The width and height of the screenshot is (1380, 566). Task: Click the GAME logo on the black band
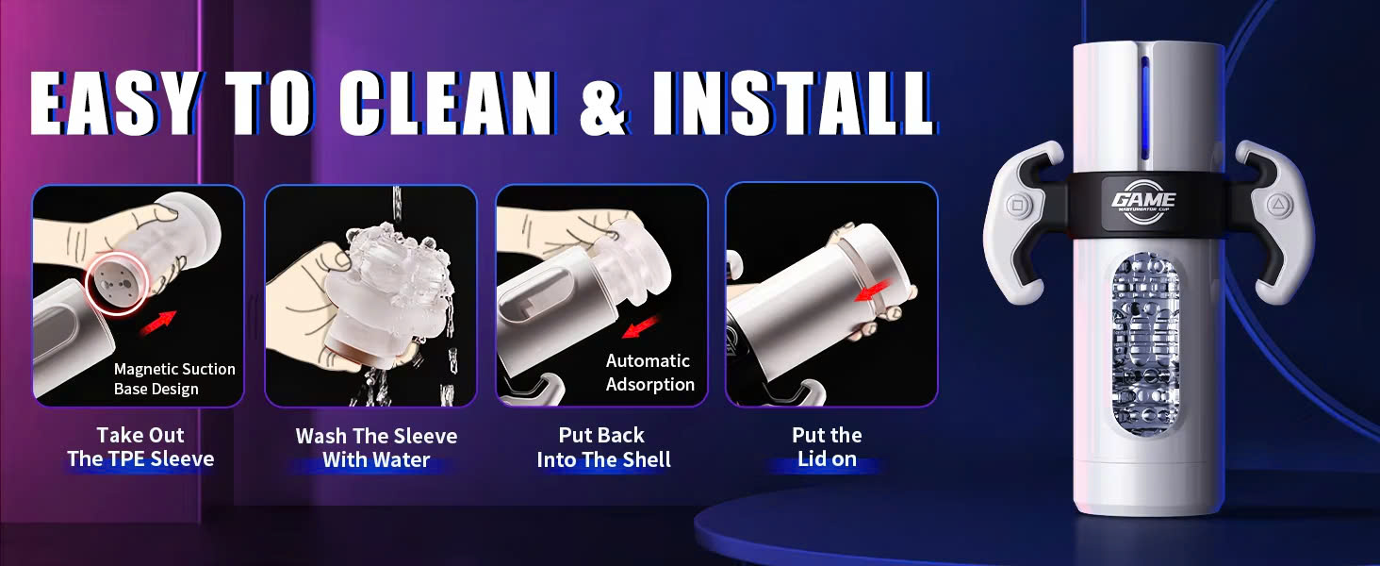tap(1143, 200)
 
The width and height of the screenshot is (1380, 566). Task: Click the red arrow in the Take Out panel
tap(157, 323)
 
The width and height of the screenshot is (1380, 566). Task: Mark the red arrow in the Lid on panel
tap(874, 290)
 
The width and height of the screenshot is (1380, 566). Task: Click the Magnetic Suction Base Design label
tap(174, 378)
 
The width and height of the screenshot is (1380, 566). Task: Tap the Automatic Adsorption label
tap(650, 373)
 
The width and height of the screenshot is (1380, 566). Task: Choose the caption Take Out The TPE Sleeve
tap(140, 447)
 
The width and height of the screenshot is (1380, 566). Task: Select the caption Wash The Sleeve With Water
tap(376, 448)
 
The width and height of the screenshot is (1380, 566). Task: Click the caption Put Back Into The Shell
tap(603, 447)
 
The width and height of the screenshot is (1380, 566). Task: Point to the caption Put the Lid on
tap(827, 447)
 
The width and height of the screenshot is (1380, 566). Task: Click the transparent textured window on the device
tap(1145, 344)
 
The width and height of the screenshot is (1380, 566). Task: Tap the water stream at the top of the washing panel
tap(399, 206)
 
